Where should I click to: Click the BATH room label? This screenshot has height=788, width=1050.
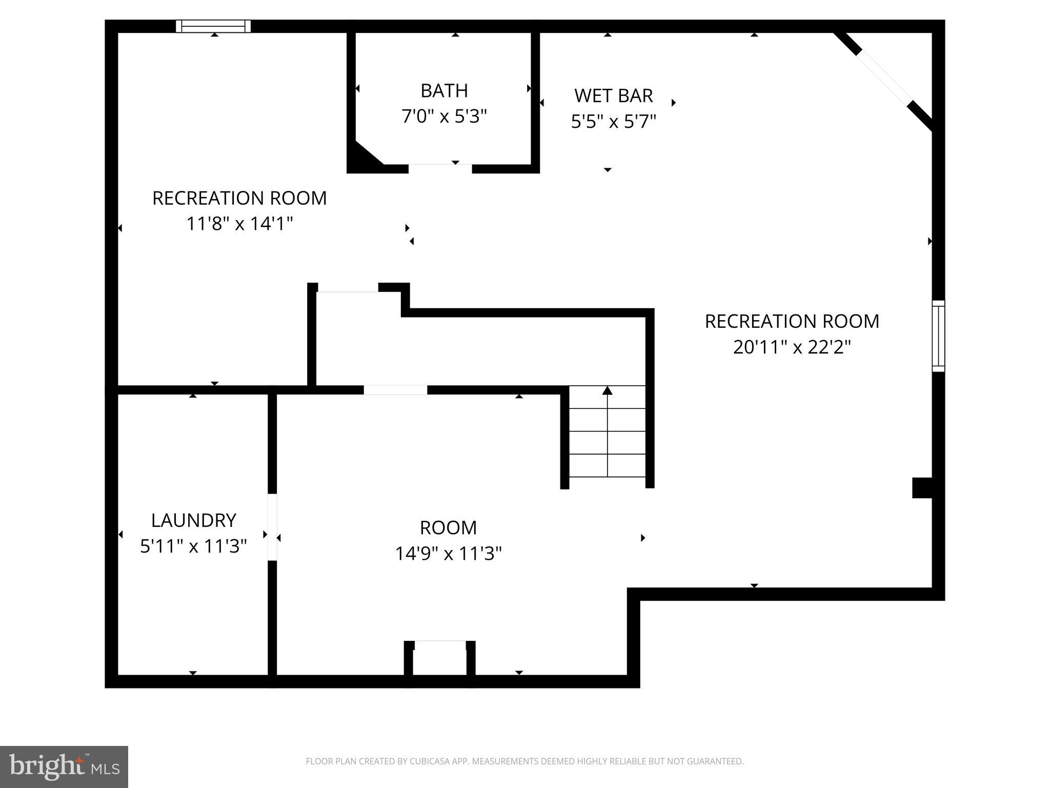click(444, 91)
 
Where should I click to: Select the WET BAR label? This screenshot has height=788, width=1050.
click(613, 96)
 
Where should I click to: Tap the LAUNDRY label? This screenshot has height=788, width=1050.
click(193, 520)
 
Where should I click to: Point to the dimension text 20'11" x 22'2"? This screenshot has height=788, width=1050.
click(792, 347)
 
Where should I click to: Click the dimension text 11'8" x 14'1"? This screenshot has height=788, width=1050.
click(239, 224)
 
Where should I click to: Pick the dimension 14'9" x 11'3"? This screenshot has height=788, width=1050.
click(448, 554)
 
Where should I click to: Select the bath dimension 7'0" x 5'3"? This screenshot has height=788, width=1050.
click(444, 116)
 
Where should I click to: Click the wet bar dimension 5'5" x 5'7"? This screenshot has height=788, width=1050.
click(613, 122)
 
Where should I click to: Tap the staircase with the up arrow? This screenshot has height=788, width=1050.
click(607, 431)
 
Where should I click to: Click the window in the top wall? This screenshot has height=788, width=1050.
click(213, 26)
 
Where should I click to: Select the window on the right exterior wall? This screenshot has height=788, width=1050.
click(938, 336)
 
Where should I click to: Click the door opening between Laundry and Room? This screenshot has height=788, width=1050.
click(272, 527)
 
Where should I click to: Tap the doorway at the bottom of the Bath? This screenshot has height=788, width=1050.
click(440, 168)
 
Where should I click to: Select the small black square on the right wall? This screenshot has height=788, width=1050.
click(922, 487)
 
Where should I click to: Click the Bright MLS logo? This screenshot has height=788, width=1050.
click(64, 766)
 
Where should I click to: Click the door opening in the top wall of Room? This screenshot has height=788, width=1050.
click(395, 390)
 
